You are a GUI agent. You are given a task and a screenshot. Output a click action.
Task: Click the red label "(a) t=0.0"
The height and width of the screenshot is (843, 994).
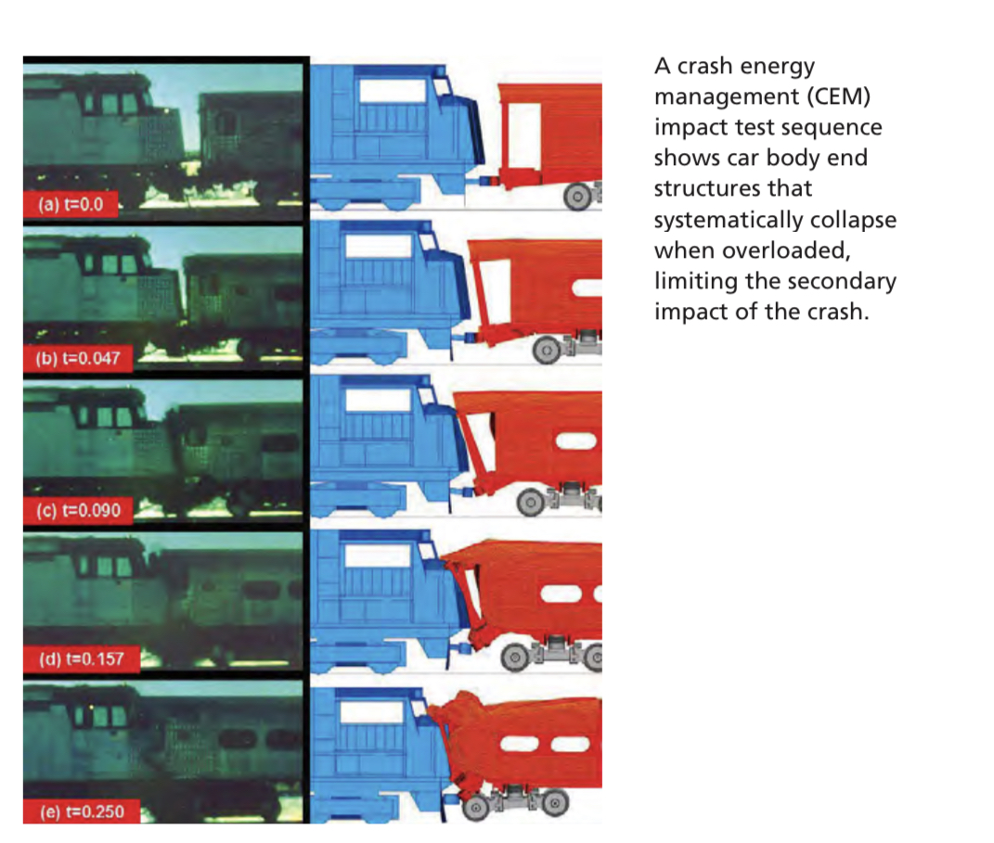coord(71,204)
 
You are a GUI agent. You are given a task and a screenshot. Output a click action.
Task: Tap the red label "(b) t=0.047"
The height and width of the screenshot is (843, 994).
coord(78,358)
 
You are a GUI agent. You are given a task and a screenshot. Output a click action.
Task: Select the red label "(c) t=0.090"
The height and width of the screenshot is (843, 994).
coord(78,510)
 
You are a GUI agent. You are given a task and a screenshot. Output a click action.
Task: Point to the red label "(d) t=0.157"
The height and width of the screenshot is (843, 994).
coord(81,658)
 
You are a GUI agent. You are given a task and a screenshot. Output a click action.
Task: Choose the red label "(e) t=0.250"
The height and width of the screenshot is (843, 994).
coord(82,811)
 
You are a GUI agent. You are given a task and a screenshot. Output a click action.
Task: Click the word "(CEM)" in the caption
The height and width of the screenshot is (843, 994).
coord(839,96)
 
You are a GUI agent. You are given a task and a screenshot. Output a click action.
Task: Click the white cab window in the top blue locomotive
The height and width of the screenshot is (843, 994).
coord(393,91)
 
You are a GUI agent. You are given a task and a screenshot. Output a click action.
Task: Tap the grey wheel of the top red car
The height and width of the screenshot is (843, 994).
coord(577,197)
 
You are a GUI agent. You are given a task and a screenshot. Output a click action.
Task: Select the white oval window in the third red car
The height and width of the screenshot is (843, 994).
coord(575,441)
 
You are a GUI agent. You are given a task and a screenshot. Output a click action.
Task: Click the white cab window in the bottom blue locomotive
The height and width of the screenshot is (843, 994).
coord(371,712)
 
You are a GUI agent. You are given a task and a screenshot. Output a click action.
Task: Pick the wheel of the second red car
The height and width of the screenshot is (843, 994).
coord(547,350)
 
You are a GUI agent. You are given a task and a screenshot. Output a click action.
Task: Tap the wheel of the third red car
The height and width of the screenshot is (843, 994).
coord(531,503)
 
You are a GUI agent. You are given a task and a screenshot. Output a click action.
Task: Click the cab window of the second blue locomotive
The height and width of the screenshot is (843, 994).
coord(379,247)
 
